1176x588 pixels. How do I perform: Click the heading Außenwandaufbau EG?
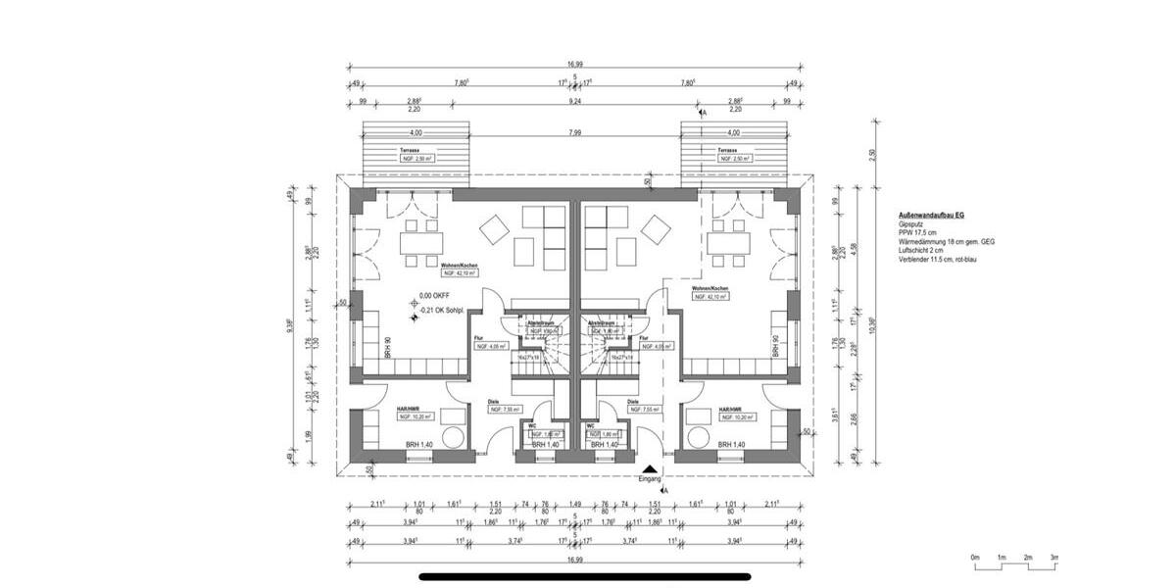click(x=932, y=215)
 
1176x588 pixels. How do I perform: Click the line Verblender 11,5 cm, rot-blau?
click(x=939, y=260)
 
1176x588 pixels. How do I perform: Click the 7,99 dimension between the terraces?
click(x=574, y=133)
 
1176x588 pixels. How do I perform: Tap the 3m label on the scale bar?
click(x=1054, y=557)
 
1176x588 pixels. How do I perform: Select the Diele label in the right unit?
click(x=633, y=401)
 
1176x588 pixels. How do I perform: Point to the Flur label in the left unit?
click(x=480, y=338)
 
